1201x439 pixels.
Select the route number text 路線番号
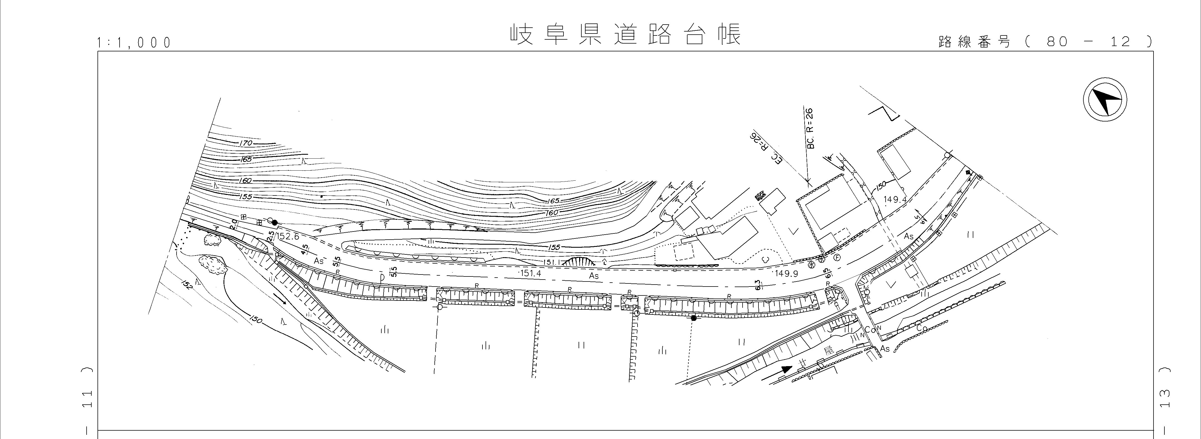(x=974, y=42)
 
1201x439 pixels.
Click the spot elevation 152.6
(x=287, y=237)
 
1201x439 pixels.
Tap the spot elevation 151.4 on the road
(x=531, y=274)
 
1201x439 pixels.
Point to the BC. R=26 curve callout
(x=810, y=128)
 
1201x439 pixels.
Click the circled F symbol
(x=837, y=257)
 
